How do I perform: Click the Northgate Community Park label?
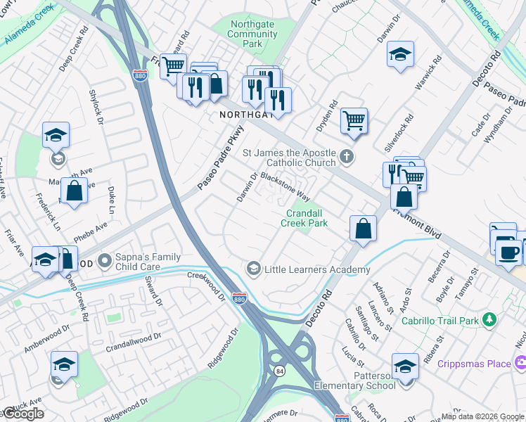click(253, 32)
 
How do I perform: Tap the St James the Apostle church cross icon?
click(345, 156)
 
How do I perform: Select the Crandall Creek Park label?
click(304, 218)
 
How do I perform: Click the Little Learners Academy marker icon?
click(253, 269)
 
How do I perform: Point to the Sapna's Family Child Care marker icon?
click(105, 262)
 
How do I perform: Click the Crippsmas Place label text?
click(474, 364)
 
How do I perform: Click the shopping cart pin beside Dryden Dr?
click(354, 120)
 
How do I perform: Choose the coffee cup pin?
click(508, 252)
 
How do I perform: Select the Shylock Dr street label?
click(96, 107)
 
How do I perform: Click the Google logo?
click(23, 414)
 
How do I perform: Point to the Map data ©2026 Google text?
click(482, 416)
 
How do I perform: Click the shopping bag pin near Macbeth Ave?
click(74, 191)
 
